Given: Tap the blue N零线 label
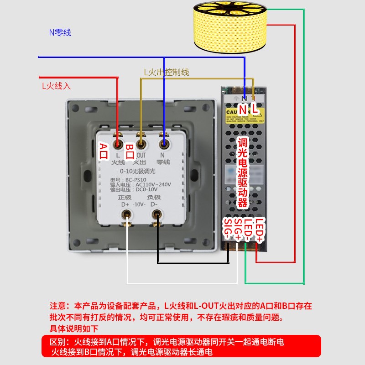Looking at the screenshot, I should coord(60,32).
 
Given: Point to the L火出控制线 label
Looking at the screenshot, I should coord(167,72).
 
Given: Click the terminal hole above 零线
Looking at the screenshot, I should coord(164,145).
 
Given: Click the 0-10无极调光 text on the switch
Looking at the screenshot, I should coord(137,171).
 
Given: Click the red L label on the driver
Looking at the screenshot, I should coord(255,109).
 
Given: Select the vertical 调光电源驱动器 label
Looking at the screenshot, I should coord(243,173).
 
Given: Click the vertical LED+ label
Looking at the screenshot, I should coord(260,230).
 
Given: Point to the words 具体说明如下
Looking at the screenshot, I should coord(74,328).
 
